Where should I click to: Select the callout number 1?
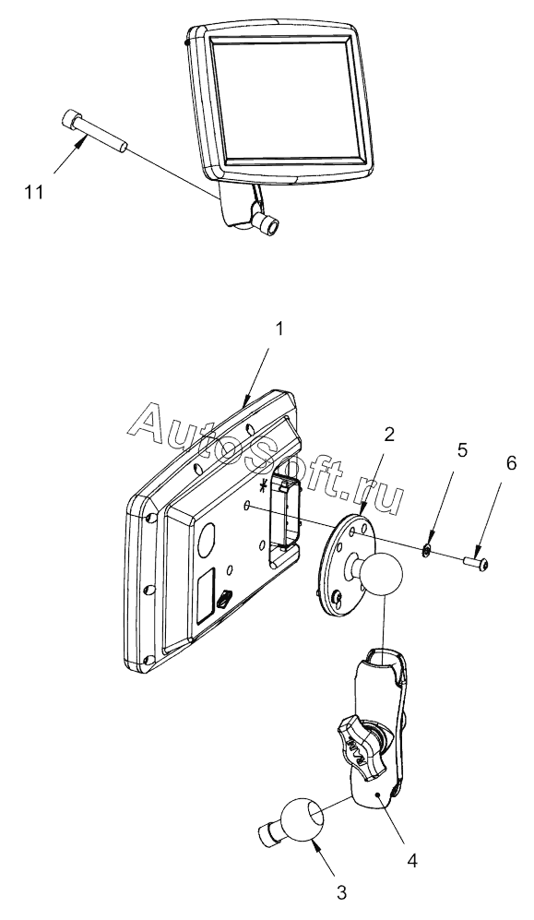click(x=279, y=329)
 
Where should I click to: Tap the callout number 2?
click(x=389, y=435)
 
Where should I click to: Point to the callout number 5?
click(x=462, y=450)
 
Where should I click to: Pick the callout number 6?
click(x=511, y=463)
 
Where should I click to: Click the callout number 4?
click(x=412, y=861)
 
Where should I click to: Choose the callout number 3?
click(x=341, y=893)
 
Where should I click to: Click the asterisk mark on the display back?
click(x=266, y=484)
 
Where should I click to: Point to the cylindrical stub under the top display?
click(x=269, y=226)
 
